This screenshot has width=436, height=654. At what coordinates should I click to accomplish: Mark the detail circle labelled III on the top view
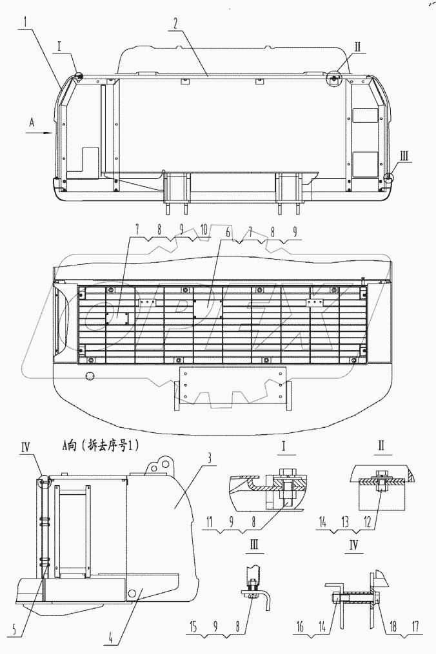pyautogui.click(x=388, y=177)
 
